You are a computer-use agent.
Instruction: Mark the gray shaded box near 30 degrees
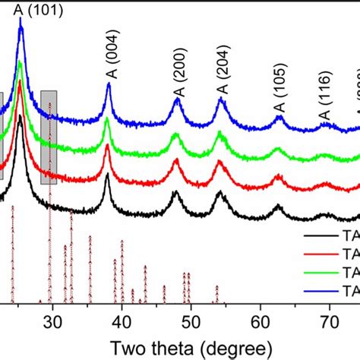(x=49, y=137)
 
